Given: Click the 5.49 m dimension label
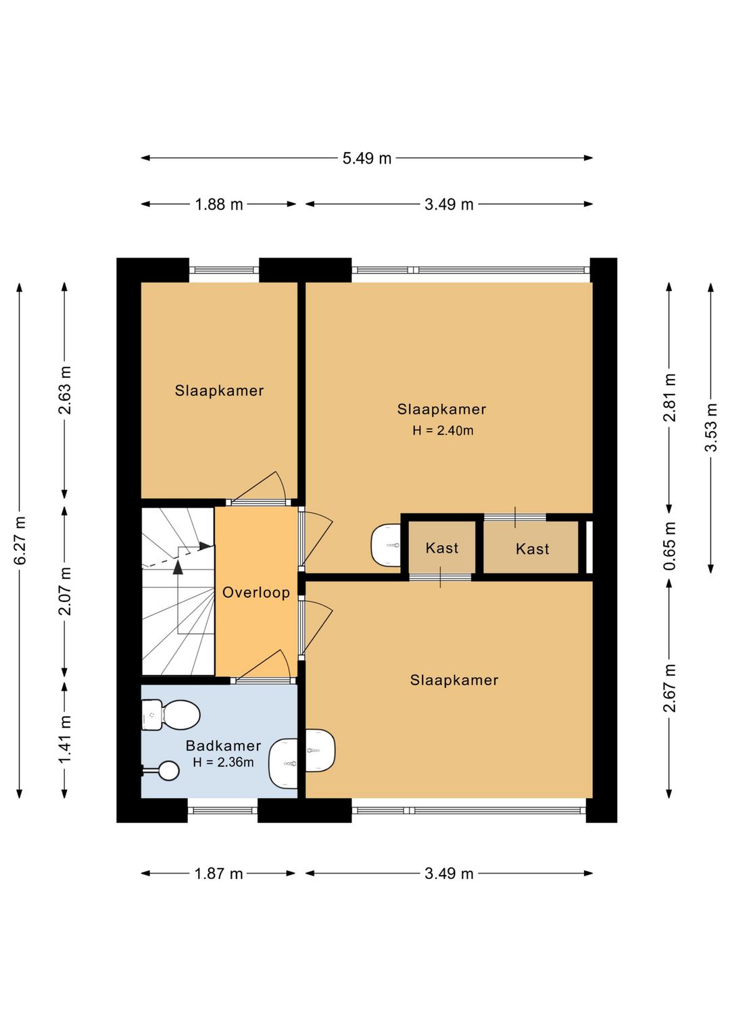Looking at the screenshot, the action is point(366,158).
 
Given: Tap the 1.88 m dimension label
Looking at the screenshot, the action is point(219,204).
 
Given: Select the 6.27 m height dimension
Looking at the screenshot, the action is point(20,540).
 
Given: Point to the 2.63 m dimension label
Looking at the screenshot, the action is point(64,391).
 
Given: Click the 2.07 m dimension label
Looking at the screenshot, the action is point(64,591).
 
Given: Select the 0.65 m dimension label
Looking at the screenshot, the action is point(669,545).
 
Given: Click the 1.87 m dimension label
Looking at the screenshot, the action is point(219,874).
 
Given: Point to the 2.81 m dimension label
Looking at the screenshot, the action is point(669,397).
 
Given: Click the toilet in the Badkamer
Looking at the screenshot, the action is point(170,715).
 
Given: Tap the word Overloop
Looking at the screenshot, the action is point(256,592).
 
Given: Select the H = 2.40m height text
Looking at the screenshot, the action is point(443,430).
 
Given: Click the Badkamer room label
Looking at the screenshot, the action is point(223,745).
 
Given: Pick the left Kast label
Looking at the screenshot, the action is point(441,548).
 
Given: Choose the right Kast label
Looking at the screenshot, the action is point(533,549).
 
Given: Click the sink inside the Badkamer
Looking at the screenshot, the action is point(283,763).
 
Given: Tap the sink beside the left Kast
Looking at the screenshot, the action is point(385,545).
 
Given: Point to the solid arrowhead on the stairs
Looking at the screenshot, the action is point(178,567).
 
